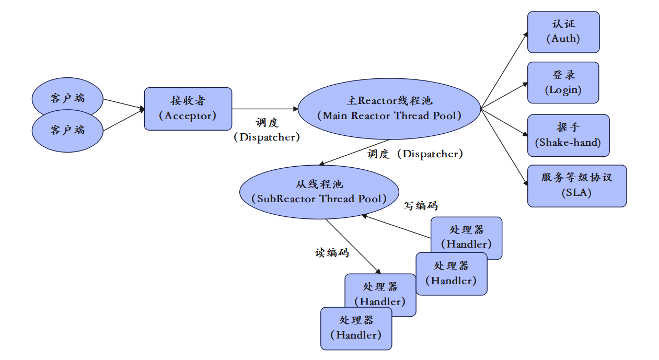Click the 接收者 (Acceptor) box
[188, 109]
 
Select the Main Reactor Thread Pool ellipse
[389, 109]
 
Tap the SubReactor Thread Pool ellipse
[319, 192]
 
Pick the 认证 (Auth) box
[563, 32]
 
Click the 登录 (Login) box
[563, 83]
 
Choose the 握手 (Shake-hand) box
[568, 135]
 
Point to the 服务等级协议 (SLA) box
[576, 185]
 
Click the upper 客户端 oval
[67, 97]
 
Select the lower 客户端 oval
[67, 130]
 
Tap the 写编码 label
[421, 206]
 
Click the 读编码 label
[331, 253]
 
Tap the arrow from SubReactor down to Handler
[353, 246]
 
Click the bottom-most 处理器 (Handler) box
[355, 328]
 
